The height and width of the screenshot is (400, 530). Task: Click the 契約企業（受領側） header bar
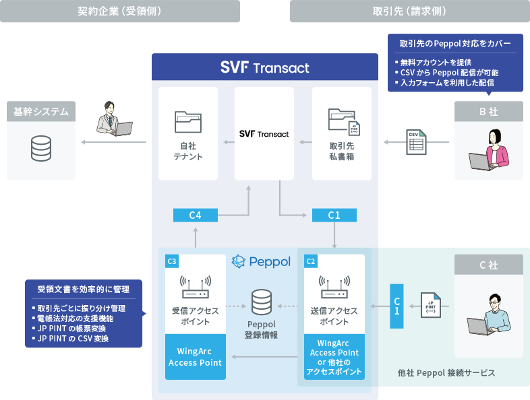coord(119,11)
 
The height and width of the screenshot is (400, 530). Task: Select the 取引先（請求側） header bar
coord(409,11)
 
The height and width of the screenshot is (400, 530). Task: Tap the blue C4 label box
coord(196,215)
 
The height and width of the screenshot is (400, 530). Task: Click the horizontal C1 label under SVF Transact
coord(334,215)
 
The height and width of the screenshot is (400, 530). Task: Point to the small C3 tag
coord(172,261)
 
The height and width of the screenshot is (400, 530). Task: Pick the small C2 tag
coord(311,261)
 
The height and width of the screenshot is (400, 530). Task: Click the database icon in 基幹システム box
coord(41,148)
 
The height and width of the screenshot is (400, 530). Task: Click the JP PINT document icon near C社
coord(432,306)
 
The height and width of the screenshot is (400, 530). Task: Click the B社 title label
coord(488,112)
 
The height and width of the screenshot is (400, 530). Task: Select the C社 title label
coord(488,265)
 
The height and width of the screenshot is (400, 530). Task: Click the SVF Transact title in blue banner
coord(264,67)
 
